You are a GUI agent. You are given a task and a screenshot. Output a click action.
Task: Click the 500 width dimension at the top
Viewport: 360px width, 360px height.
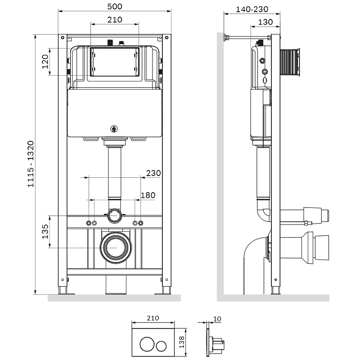point(116,6)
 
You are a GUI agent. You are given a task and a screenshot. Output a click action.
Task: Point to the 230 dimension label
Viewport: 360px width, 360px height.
point(153,173)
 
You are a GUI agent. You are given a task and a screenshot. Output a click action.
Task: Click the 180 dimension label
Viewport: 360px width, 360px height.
point(148,195)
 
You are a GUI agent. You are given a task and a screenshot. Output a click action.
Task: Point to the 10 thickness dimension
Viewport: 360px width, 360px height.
point(217,319)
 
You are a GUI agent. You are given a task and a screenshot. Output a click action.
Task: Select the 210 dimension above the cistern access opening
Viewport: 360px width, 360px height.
point(115,19)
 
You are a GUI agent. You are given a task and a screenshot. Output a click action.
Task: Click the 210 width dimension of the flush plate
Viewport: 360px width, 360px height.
point(153,318)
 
